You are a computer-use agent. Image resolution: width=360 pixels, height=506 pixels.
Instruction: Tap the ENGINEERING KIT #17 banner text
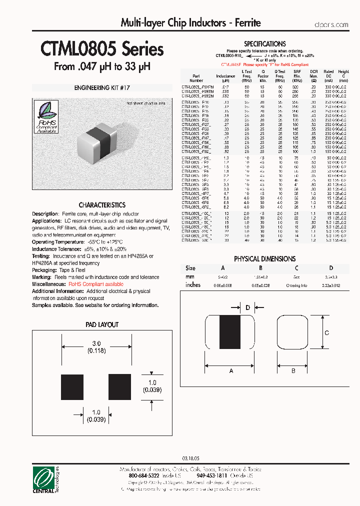pos(102,87)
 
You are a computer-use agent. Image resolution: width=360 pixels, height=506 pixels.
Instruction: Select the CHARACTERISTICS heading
pos(102,205)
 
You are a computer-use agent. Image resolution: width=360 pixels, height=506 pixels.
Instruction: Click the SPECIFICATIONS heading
pos(264,44)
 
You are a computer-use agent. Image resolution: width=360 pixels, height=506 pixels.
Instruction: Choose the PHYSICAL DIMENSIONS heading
pos(264,259)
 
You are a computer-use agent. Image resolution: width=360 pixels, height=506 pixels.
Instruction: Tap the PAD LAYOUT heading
pos(102,324)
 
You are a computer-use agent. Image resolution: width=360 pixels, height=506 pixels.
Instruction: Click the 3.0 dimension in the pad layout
pos(96,343)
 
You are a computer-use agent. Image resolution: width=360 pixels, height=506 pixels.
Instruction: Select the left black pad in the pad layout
pos(72,387)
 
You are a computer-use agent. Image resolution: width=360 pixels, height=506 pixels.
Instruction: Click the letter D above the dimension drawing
pos(247,307)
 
